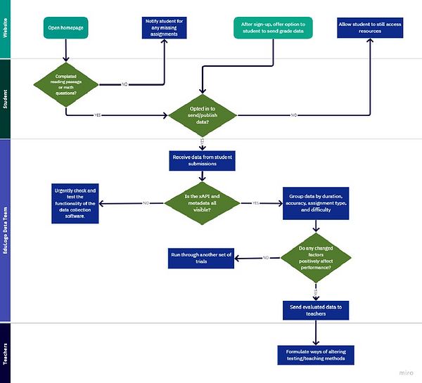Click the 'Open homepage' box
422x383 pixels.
point(65,29)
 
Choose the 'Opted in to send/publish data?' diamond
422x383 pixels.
point(203,114)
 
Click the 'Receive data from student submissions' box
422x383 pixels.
point(203,161)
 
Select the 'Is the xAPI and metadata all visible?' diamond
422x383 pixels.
point(203,205)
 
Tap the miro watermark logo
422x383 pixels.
point(407,374)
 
